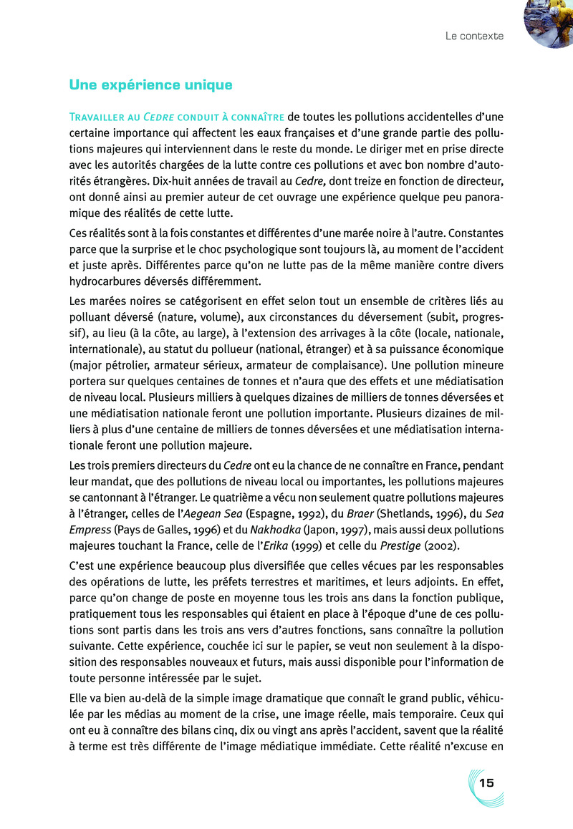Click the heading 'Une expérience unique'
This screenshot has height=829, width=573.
(x=150, y=85)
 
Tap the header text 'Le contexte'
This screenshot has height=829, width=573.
(x=474, y=36)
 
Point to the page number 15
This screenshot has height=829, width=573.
(x=487, y=782)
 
